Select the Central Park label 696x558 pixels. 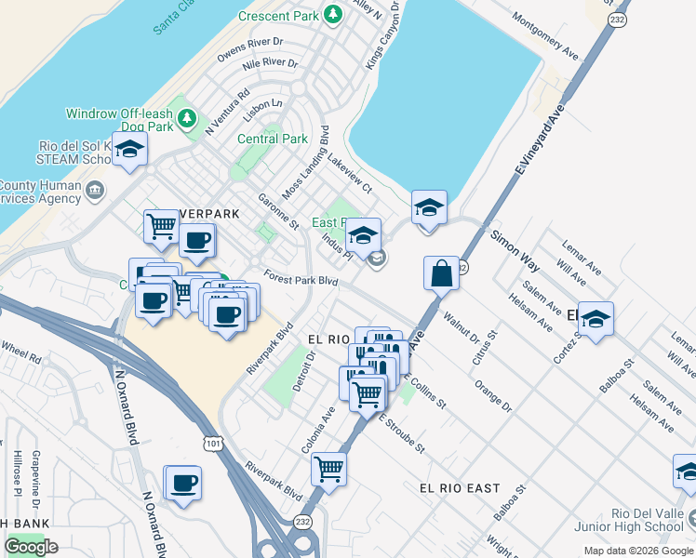272,139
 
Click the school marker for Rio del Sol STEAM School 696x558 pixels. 130,152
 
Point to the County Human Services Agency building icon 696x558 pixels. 94,192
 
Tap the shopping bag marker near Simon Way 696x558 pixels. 442,273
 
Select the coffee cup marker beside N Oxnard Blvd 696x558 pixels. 183,484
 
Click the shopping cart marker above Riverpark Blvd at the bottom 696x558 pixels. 329,469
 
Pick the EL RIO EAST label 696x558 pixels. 460,487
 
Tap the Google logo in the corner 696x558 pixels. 31,546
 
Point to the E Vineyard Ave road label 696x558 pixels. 540,139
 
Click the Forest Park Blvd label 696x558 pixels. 300,278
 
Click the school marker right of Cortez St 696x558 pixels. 596,319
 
